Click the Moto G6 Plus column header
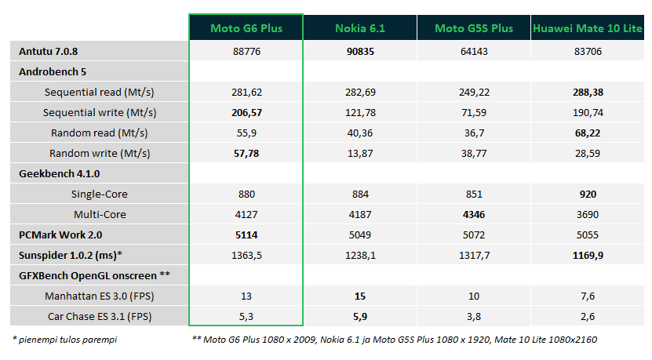pos(246,28)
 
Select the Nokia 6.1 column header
pos(360,28)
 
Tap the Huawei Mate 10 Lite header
pos(588,28)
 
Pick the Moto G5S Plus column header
pos(474,28)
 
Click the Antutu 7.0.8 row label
pos(48,52)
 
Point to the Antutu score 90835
pos(360,52)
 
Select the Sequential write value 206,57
pos(246,113)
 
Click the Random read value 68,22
pos(588,133)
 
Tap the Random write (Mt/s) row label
pos(100,154)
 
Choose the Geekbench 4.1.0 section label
pos(60,174)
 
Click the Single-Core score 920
pos(588,195)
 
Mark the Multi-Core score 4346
pos(474,214)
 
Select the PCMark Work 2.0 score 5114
pos(246,235)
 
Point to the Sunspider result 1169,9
pos(588,255)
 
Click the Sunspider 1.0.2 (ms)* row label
pos(71,255)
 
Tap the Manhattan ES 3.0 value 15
pos(360,296)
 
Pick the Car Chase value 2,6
pos(588,316)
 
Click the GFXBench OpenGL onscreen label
pos(94,275)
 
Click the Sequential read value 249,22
pos(474,93)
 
